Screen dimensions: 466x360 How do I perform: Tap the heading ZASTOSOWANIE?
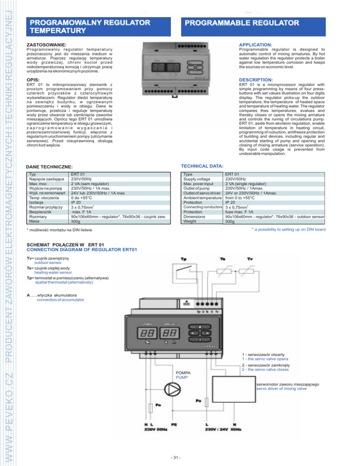pyautogui.click(x=47, y=45)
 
